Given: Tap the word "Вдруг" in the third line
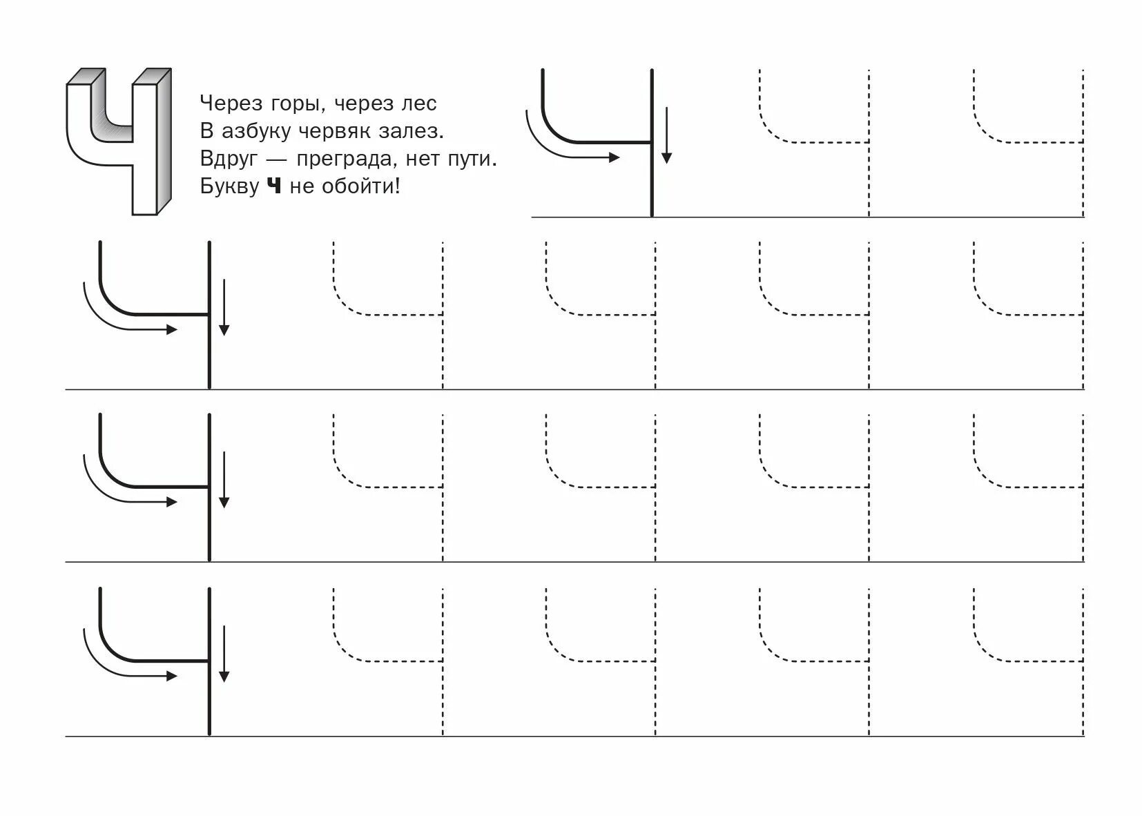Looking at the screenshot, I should coord(229,159).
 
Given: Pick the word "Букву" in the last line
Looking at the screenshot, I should coord(230,186).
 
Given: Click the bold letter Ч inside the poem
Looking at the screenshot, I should coord(274,186).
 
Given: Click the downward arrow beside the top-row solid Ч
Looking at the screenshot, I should coord(666,135).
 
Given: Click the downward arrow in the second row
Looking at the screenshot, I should coord(224,308).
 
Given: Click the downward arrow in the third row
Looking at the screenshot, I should coord(224,480).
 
